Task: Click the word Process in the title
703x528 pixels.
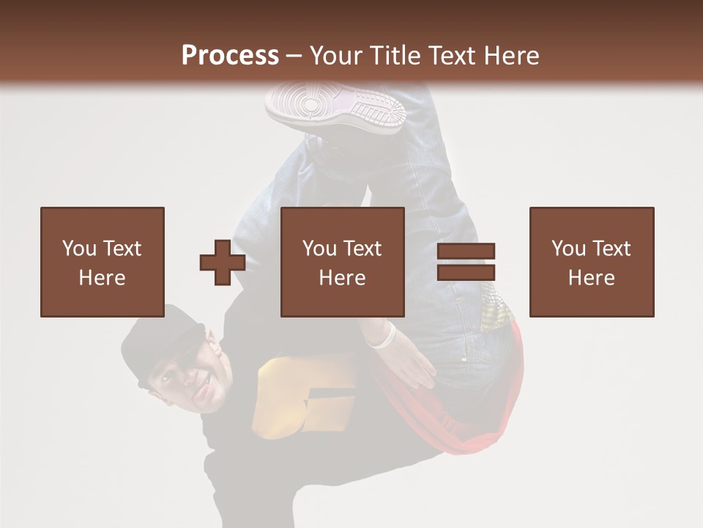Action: click(x=230, y=56)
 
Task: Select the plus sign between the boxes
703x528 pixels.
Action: click(x=222, y=263)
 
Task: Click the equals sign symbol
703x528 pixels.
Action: click(x=466, y=262)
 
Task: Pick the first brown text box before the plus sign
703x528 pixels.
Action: click(x=103, y=262)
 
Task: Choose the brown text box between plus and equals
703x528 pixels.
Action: click(x=343, y=262)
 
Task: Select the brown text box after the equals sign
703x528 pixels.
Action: click(x=592, y=262)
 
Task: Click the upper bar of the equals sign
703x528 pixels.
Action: click(x=466, y=250)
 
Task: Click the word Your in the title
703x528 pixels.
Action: click(x=338, y=56)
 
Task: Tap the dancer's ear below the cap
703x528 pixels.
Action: click(x=212, y=341)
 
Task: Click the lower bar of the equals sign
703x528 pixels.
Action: click(x=466, y=273)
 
